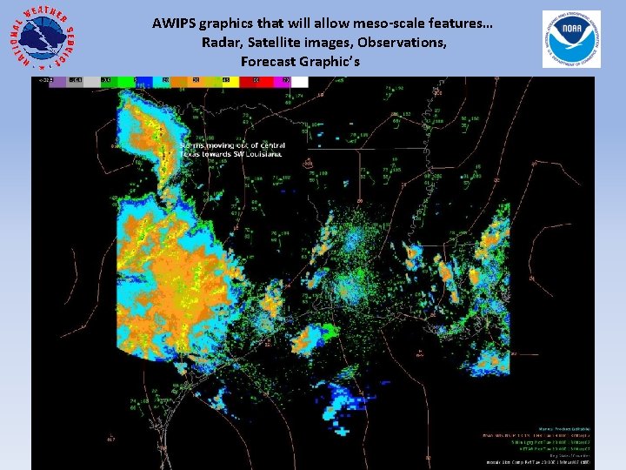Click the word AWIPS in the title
point(172,23)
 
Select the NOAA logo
point(570,38)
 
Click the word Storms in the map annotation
point(193,145)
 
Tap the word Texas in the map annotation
point(190,154)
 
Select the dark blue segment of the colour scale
point(163,81)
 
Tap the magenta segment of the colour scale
point(283,81)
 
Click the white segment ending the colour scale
point(300,81)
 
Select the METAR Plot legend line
point(540,448)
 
